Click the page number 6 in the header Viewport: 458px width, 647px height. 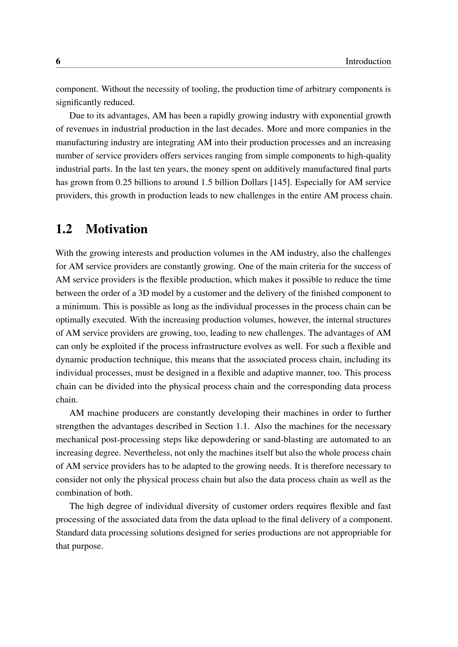pos(58,61)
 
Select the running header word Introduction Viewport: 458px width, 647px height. pos(368,61)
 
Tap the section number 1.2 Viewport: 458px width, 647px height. pos(64,229)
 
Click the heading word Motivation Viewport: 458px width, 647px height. pos(117,229)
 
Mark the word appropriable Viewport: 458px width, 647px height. pos(352,533)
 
